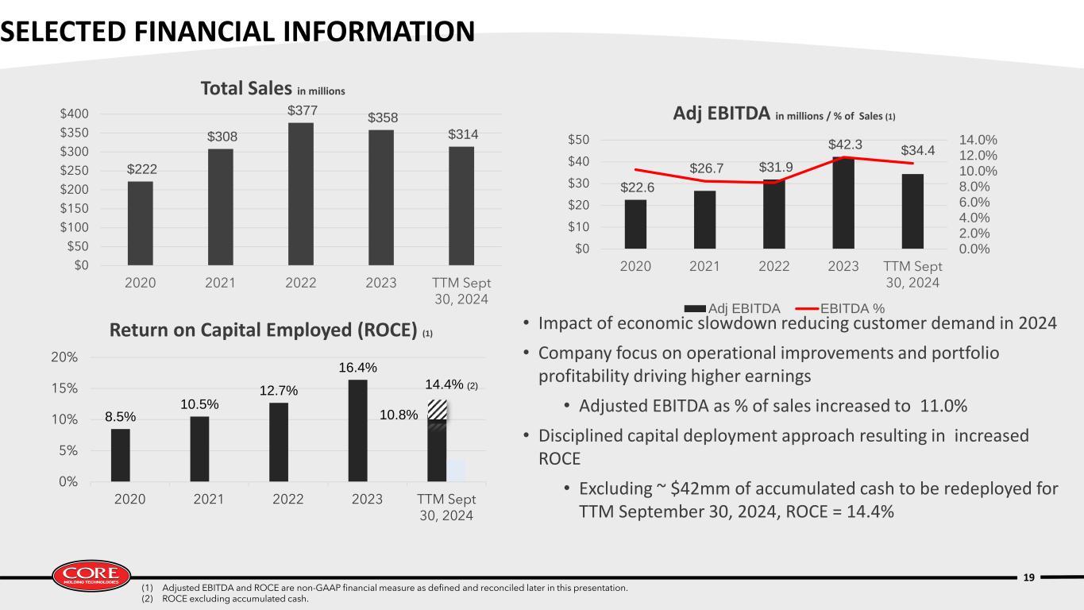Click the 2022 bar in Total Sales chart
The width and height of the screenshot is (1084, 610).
pyautogui.click(x=300, y=194)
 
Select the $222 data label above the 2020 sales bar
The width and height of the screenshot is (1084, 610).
pyautogui.click(x=142, y=169)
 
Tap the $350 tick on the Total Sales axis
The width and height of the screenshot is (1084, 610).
pyautogui.click(x=75, y=133)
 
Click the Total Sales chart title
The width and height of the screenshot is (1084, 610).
pyautogui.click(x=272, y=89)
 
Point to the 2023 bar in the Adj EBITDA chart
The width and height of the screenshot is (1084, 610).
pyautogui.click(x=843, y=203)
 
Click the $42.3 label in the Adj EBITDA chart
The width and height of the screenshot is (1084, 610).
pyautogui.click(x=845, y=145)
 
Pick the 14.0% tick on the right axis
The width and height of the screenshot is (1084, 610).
pyautogui.click(x=978, y=140)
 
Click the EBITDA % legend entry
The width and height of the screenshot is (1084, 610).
pyautogui.click(x=840, y=308)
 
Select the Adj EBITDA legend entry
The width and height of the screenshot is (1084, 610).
pyautogui.click(x=732, y=308)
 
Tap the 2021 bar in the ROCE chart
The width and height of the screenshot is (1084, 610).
pyautogui.click(x=199, y=449)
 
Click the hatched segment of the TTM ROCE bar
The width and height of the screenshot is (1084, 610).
pyautogui.click(x=437, y=410)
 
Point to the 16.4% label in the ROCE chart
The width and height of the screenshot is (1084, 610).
pyautogui.click(x=357, y=368)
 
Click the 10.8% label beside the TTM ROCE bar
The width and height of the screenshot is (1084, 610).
pyautogui.click(x=399, y=415)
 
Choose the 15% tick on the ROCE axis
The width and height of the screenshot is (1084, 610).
pyautogui.click(x=64, y=388)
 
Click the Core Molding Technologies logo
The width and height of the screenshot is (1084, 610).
pyautogui.click(x=91, y=576)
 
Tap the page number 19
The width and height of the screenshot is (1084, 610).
pyautogui.click(x=1029, y=577)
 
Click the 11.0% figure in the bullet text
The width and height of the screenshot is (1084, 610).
pyautogui.click(x=943, y=406)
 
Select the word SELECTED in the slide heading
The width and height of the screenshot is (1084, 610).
pyautogui.click(x=64, y=32)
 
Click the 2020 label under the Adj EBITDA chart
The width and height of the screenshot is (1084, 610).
pyautogui.click(x=635, y=266)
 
